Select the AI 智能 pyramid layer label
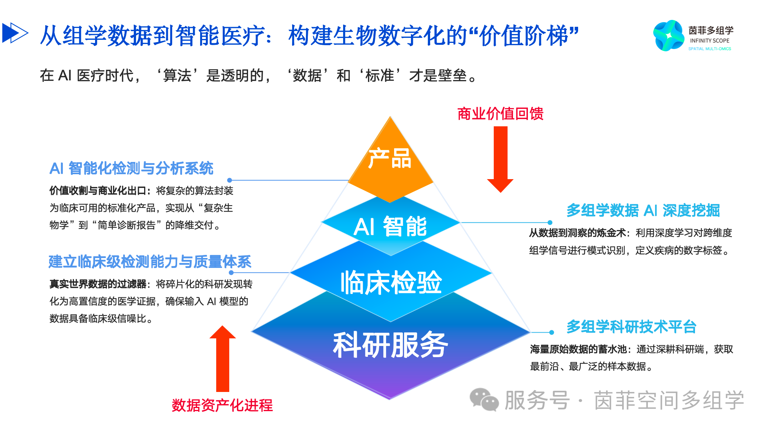(390, 226)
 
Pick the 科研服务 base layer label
(390, 345)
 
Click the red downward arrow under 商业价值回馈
(500, 159)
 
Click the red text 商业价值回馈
(500, 114)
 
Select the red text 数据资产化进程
(222, 405)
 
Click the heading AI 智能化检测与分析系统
(131, 168)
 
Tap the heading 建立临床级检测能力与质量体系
(150, 262)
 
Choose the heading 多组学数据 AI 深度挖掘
(643, 211)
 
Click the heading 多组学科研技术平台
(631, 327)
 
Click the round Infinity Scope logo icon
(669, 36)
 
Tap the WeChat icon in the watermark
(484, 400)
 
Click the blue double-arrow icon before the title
(15, 33)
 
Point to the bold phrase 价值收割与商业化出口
(98, 191)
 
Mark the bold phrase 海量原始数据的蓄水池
(578, 349)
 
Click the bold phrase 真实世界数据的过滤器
(98, 284)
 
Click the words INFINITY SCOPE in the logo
(710, 41)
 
